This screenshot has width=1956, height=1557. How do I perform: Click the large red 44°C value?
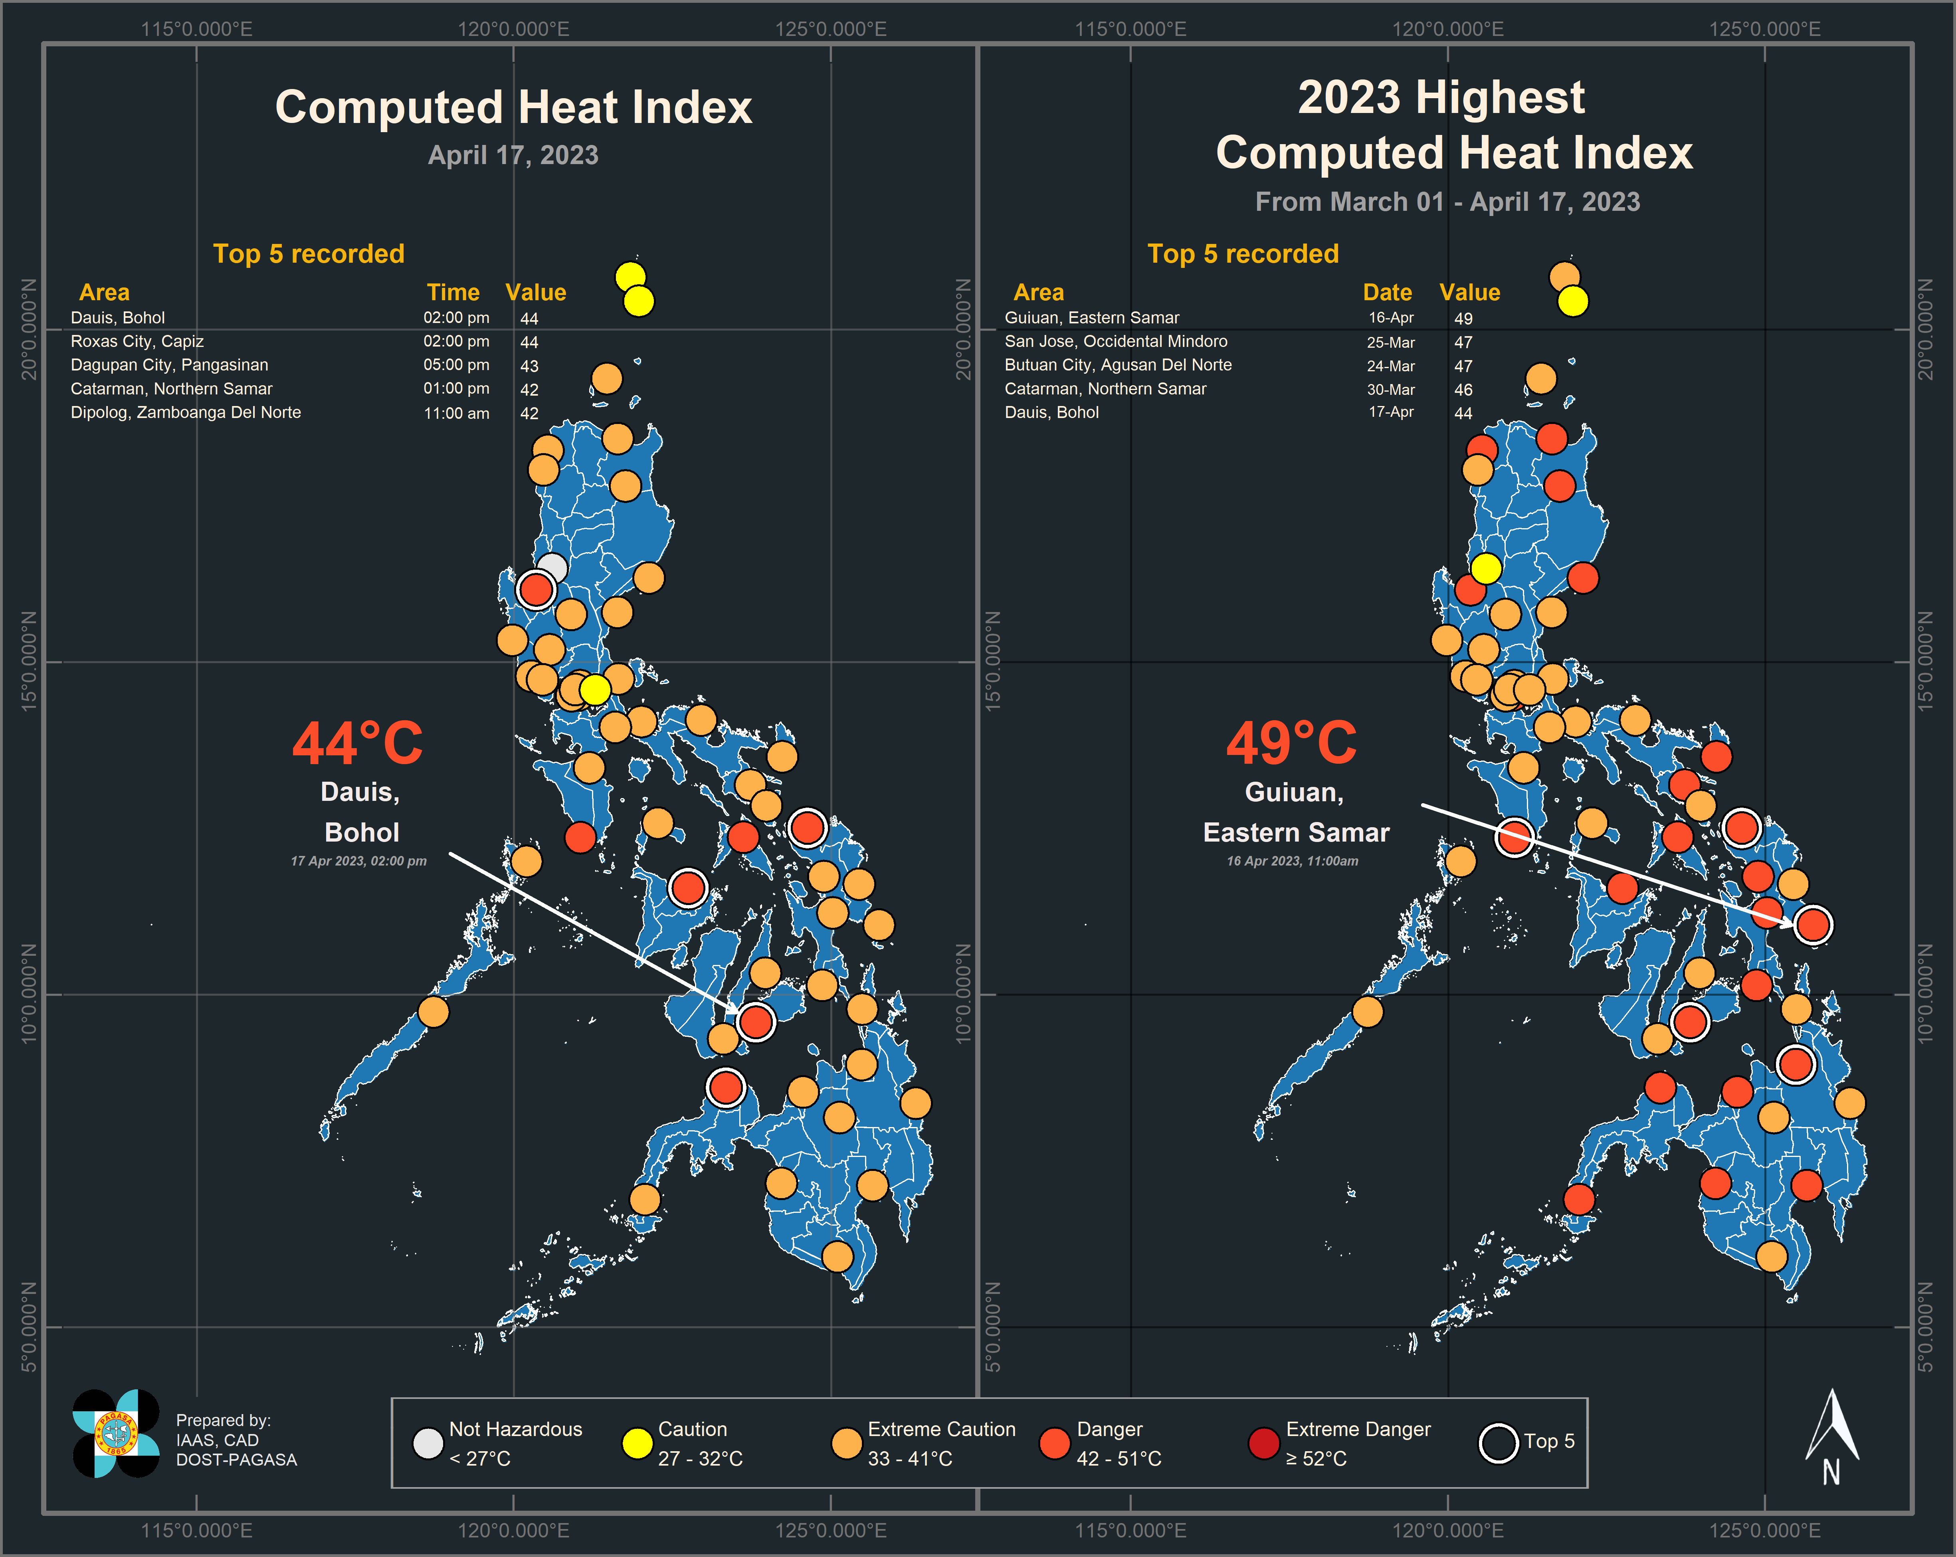[x=357, y=744]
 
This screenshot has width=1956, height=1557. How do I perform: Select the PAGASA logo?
[x=116, y=1434]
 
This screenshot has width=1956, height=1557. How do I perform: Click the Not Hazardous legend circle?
[x=427, y=1443]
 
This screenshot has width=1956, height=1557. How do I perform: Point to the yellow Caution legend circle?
[x=637, y=1443]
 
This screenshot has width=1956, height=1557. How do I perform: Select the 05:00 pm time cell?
[x=456, y=365]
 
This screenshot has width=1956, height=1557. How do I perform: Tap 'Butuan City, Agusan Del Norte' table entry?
[x=1118, y=365]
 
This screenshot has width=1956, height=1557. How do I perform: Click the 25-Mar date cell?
[x=1391, y=342]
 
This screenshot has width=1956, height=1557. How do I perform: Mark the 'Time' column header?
[x=453, y=292]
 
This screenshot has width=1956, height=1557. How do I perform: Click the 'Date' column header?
[x=1387, y=292]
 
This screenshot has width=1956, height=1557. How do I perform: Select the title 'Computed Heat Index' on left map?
[x=513, y=107]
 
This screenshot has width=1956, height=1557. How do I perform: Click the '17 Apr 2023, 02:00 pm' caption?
[x=358, y=861]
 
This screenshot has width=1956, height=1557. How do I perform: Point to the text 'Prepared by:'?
[x=223, y=1420]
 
